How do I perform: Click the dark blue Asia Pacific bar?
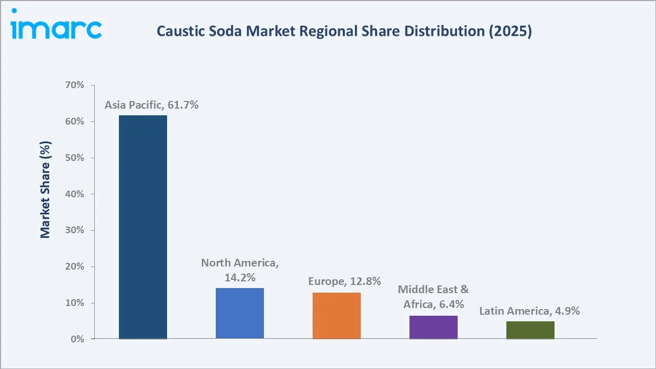click(142, 227)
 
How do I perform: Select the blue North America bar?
click(239, 313)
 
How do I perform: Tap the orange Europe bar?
click(336, 316)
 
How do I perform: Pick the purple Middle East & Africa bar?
click(433, 327)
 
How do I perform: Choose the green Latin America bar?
click(530, 330)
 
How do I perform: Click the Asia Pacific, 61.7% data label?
click(152, 106)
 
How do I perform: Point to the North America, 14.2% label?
click(240, 270)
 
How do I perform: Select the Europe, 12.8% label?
click(344, 281)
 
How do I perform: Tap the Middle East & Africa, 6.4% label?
click(433, 297)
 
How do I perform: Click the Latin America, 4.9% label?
click(529, 311)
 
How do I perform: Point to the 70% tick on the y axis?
click(75, 86)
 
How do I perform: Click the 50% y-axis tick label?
click(75, 158)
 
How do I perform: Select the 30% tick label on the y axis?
click(75, 231)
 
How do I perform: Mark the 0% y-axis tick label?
click(77, 339)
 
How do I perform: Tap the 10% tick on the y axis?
click(75, 303)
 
